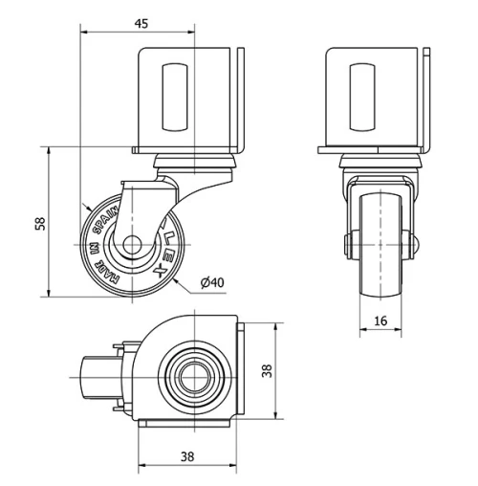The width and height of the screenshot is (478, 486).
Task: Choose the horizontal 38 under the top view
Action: tap(187, 456)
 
